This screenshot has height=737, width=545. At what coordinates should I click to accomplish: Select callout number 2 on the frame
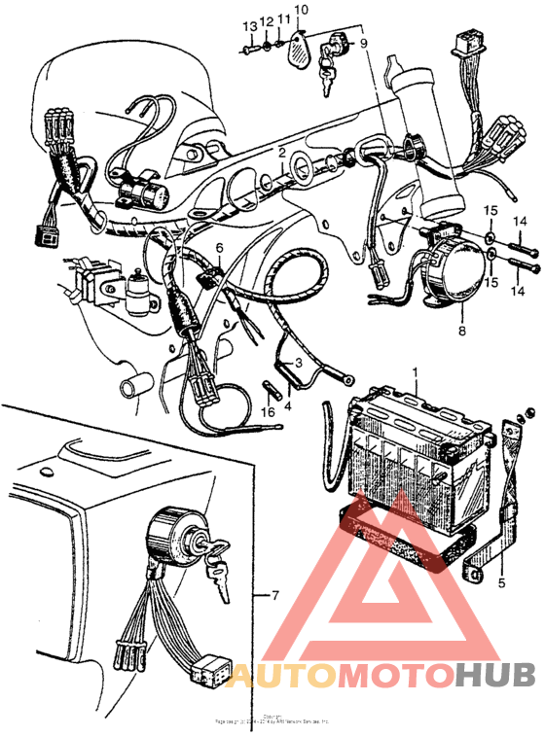[x=281, y=153]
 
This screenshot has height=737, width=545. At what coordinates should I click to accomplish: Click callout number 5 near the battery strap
[x=502, y=583]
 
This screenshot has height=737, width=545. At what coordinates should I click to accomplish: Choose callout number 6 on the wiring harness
[x=219, y=248]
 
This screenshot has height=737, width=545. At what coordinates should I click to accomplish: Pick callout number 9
[x=364, y=44]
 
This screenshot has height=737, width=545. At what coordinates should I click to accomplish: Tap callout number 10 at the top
[x=301, y=10]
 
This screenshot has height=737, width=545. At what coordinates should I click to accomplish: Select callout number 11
[x=283, y=18]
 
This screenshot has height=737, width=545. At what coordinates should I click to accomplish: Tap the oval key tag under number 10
[x=299, y=49]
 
